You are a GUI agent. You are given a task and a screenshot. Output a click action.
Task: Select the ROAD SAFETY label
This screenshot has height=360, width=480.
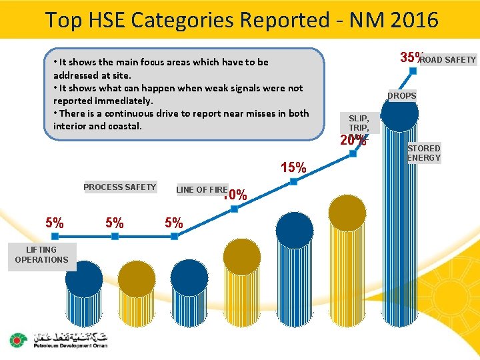coord(448,60)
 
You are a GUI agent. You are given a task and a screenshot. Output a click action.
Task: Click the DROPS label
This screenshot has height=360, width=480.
coord(402,95)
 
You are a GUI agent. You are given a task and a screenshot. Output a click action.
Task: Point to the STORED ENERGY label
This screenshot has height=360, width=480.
coord(424,153)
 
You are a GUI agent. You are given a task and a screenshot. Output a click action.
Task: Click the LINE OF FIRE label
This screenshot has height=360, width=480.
coord(201,190)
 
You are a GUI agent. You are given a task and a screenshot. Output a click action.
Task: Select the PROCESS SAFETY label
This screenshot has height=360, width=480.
coord(119,187)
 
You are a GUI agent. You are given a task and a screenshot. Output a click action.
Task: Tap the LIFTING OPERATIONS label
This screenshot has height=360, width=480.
coord(41,255)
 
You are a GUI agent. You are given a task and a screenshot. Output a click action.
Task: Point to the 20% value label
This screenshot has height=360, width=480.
coord(353,141)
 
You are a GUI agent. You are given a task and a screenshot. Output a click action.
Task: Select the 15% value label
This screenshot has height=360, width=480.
coord(293,167)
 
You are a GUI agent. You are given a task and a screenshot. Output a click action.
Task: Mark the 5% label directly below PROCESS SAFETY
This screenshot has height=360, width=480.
coord(114,223)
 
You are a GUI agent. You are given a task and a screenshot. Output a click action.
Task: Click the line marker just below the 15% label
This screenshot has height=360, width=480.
coord(294,181)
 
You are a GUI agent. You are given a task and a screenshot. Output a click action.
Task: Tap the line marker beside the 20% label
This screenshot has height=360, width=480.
coord(353,154)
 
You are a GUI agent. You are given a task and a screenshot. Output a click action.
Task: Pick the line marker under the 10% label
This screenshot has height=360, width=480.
coord(235,209)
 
